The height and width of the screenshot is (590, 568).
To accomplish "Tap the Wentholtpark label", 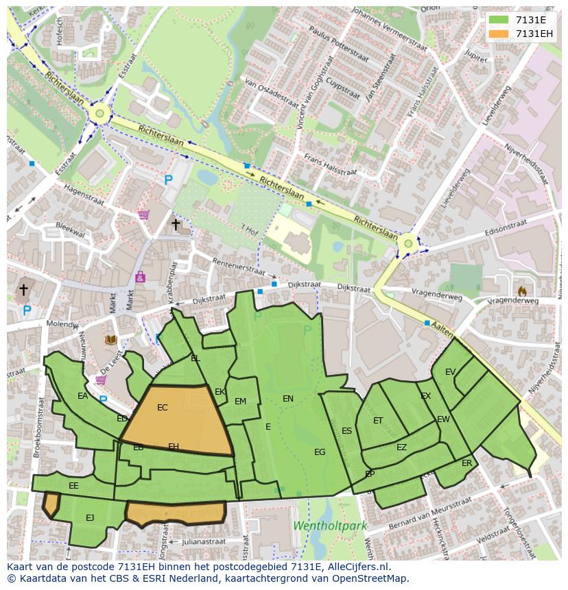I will [330, 526].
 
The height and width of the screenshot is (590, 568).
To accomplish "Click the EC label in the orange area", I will [163, 408].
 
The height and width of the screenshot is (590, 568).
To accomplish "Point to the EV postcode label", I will [450, 372].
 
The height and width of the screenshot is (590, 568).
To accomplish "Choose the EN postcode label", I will [288, 398].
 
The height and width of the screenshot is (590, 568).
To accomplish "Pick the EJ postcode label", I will [90, 517].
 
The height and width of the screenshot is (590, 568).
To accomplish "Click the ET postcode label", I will [378, 421].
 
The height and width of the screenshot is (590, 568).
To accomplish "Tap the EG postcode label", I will [320, 452].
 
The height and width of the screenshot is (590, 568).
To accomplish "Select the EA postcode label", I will [82, 396].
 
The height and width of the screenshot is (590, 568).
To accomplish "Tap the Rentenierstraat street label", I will [237, 267].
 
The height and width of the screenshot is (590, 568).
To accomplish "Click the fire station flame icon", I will [523, 291].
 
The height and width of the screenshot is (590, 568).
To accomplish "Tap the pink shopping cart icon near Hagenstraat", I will [143, 214].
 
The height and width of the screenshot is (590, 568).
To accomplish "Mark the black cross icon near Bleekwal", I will [176, 224].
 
